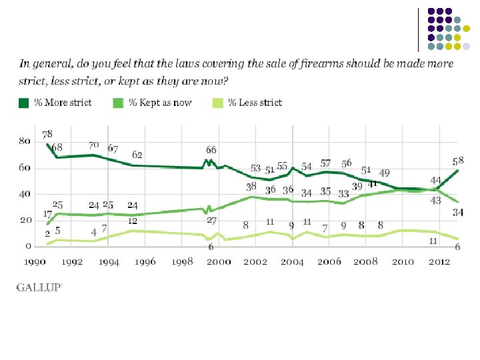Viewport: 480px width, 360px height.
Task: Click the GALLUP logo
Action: click(x=39, y=287)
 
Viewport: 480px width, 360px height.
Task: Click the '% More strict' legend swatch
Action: click(x=24, y=103)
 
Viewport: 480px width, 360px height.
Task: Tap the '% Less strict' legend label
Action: click(x=255, y=103)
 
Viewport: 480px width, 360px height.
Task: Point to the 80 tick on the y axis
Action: click(x=25, y=141)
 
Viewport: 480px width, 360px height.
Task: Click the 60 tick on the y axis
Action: click(x=25, y=168)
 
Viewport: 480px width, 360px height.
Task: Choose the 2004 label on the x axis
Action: click(x=293, y=262)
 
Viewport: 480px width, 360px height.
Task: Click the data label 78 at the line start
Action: click(x=48, y=135)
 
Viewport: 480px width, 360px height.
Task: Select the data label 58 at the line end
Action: click(x=458, y=161)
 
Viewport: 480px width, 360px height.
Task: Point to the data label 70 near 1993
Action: click(x=94, y=145)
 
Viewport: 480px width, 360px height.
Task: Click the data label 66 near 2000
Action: click(x=211, y=149)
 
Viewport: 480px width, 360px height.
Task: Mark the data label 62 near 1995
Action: click(x=137, y=155)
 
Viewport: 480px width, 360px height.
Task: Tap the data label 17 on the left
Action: click(x=48, y=213)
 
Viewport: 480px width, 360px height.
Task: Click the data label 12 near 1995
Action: click(x=133, y=221)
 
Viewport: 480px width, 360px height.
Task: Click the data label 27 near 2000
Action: click(x=211, y=220)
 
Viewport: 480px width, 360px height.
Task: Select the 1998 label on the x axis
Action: click(x=182, y=262)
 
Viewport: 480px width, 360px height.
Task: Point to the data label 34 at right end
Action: click(x=458, y=213)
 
